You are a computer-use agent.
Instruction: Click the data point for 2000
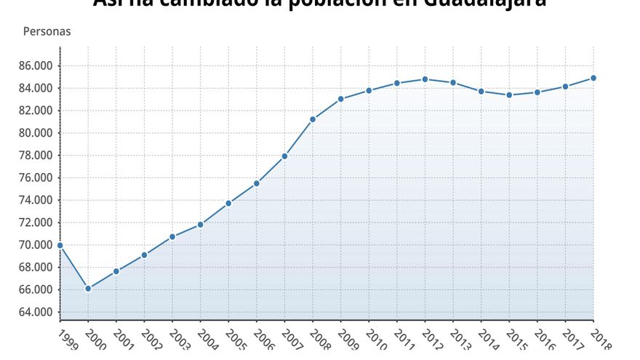[88, 289]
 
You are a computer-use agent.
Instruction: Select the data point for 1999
[60, 246]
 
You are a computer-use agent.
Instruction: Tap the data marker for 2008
[313, 119]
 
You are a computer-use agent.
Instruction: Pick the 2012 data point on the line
[425, 79]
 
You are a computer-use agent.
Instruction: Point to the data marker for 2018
[593, 78]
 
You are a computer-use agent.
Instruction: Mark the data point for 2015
[509, 95]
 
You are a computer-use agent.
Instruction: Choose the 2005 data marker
[228, 203]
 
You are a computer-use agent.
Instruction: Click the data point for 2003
[172, 236]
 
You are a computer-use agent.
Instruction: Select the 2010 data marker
[369, 90]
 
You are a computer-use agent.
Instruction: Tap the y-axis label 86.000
[36, 65]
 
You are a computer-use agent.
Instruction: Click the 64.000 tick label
[36, 312]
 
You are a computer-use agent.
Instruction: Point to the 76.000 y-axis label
[36, 177]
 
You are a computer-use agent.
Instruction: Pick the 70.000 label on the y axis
[36, 245]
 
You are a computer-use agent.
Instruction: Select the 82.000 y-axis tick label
[36, 111]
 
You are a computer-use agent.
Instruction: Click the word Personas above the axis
[47, 32]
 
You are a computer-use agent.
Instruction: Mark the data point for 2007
[284, 156]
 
